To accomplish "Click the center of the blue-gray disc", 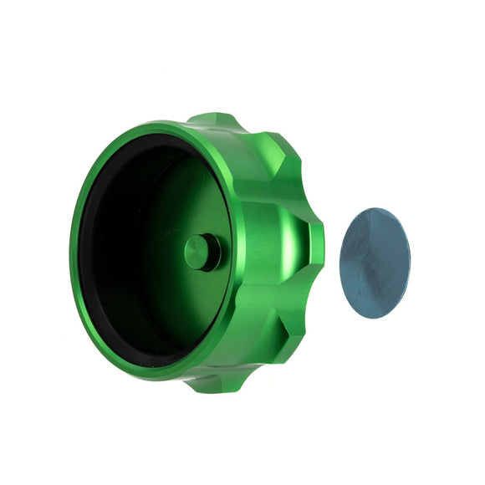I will point(376,263).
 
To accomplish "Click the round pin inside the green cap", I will point(201,251).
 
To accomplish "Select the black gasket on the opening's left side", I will point(82,251).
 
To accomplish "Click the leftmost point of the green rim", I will point(71,251).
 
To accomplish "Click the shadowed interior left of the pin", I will point(134,251).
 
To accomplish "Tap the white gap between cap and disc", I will point(332,251).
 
